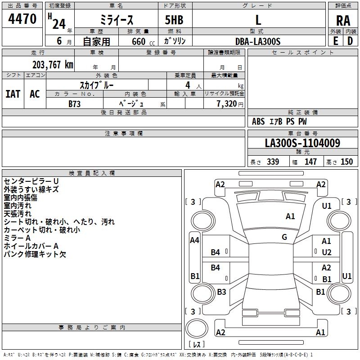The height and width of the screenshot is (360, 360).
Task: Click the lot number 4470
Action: click(x=22, y=19)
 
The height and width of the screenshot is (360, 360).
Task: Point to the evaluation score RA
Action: click(x=343, y=20)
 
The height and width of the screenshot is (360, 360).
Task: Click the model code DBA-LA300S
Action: click(x=258, y=41)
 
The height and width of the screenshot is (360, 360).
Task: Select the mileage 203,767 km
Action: click(x=53, y=64)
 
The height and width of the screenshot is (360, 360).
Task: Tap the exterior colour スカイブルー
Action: click(x=97, y=85)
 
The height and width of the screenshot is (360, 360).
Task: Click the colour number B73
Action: click(x=75, y=103)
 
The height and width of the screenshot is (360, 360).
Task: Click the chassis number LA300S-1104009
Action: click(x=302, y=144)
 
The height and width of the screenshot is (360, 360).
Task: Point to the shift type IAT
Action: click(x=13, y=94)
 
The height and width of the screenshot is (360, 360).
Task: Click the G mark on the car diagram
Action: click(x=284, y=237)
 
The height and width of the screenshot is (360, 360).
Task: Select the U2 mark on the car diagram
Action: click(x=327, y=252)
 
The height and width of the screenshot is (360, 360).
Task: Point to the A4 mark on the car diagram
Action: click(x=195, y=240)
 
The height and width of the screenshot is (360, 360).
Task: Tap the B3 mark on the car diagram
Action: click(x=221, y=292)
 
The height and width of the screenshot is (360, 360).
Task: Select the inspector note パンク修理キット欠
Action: click(x=35, y=254)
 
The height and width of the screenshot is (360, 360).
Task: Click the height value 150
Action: click(x=346, y=162)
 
